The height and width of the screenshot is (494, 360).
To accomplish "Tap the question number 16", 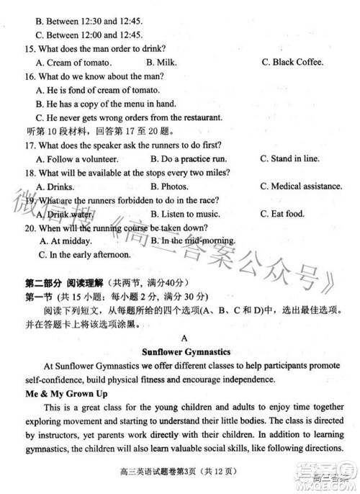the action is [x=30, y=76].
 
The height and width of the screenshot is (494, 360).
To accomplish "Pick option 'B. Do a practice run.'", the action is [x=189, y=158].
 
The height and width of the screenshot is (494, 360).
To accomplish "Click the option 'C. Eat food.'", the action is [x=282, y=214].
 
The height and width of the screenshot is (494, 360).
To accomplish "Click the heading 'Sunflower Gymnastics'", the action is [x=186, y=352].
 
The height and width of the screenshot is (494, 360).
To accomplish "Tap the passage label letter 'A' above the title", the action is [x=185, y=337].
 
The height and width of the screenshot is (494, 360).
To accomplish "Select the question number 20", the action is [x=30, y=228].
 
